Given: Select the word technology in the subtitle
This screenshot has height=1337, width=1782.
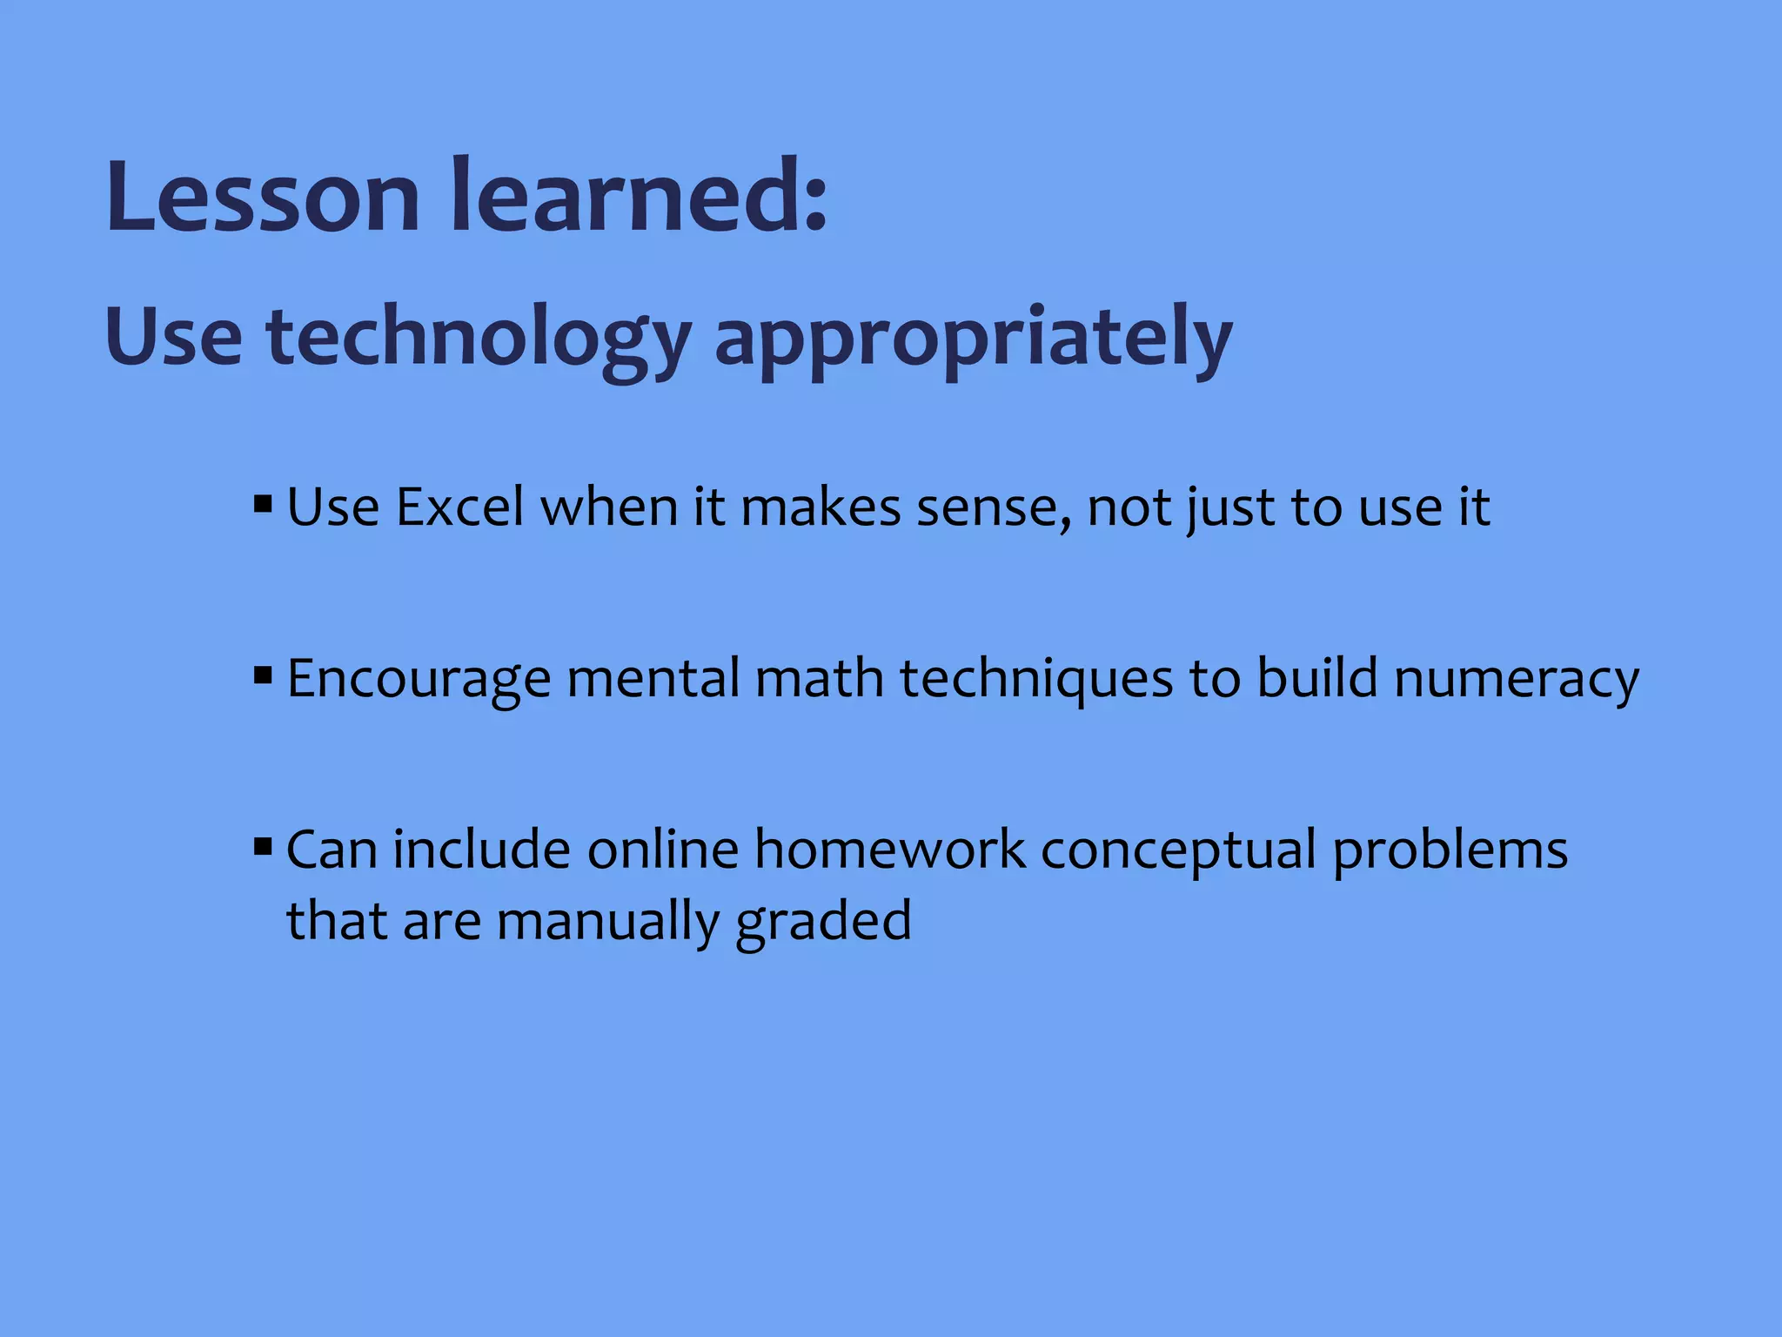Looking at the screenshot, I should [479, 338].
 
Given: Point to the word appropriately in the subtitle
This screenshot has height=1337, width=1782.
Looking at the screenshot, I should [973, 338].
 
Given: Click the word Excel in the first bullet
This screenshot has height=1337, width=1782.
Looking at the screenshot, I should [459, 507].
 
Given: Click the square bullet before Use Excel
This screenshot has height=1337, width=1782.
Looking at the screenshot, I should [263, 504].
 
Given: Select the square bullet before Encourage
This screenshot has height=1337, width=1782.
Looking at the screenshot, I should [263, 675].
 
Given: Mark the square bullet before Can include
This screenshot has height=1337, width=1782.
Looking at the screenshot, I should [263, 846].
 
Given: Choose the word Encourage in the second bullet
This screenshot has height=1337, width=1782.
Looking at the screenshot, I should [419, 679].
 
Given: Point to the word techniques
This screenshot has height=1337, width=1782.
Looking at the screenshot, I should [1036, 679].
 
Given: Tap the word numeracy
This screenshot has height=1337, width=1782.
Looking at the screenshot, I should [1517, 679].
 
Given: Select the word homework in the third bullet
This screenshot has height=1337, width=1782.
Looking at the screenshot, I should [889, 850].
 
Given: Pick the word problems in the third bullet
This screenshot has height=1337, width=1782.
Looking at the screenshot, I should [1450, 850].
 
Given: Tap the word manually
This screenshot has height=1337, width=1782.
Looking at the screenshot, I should [607, 921].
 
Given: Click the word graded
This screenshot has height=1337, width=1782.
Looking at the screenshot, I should [823, 921].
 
